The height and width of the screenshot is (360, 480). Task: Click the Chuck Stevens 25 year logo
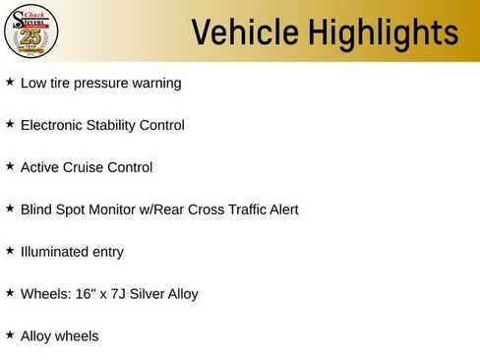pos(30,31)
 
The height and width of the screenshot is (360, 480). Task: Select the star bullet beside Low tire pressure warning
pos(10,83)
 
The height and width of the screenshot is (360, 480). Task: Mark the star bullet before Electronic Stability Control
pos(10,125)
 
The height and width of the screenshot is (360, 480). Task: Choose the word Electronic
pos(54,126)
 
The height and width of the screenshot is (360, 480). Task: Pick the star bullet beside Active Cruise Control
pos(10,167)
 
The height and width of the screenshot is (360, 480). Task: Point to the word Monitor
pos(116,210)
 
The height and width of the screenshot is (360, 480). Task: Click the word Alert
pos(280,210)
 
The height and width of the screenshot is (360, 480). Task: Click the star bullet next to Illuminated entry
pos(10,252)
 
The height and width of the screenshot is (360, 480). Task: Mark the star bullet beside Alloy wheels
pos(10,335)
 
